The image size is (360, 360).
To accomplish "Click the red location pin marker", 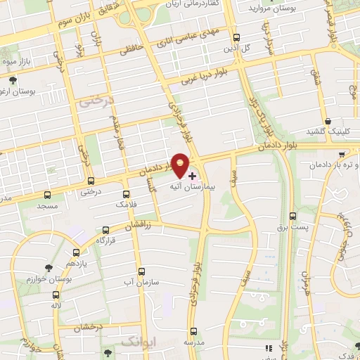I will click(x=181, y=164).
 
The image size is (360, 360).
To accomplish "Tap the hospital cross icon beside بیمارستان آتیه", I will click(x=193, y=174).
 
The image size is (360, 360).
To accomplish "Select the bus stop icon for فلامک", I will click(x=127, y=193).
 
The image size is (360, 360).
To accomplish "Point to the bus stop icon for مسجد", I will click(x=48, y=194).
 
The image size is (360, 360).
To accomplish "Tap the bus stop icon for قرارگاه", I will click(x=106, y=229).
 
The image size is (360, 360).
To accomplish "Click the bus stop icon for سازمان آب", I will click(x=141, y=271).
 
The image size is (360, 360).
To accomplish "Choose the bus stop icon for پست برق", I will click(x=293, y=216).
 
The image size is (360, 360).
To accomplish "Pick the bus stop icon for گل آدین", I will click(x=236, y=38).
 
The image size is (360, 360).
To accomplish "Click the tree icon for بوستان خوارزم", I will click(x=48, y=268).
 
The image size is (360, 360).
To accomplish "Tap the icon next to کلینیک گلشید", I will click(x=328, y=122).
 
